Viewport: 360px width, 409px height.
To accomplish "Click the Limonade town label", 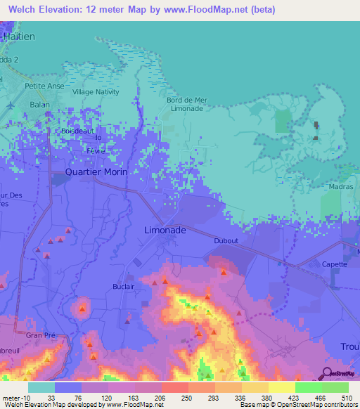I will click(x=165, y=231).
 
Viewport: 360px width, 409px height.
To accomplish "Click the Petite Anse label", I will click(x=44, y=86).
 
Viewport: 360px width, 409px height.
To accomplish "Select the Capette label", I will click(x=335, y=265).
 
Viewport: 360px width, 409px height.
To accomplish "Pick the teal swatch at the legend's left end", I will click(x=41, y=387).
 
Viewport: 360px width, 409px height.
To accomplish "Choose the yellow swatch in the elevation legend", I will click(x=281, y=387).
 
